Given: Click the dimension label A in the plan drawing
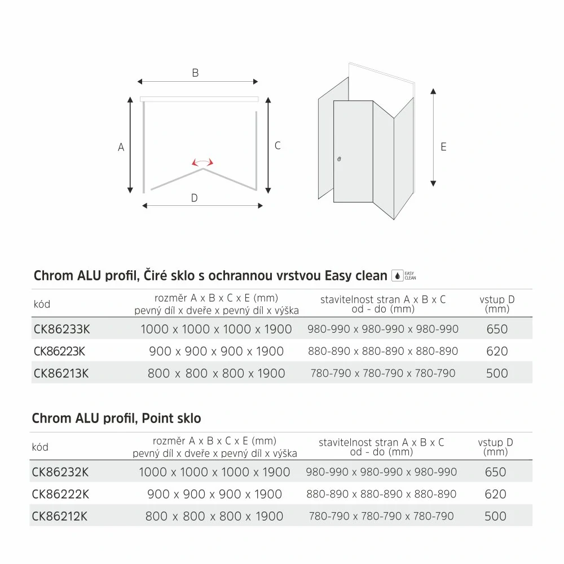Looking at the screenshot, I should (x=121, y=147).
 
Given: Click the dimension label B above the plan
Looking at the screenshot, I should (x=195, y=73).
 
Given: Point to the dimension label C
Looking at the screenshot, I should (x=277, y=146).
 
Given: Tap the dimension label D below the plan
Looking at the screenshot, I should (x=194, y=198).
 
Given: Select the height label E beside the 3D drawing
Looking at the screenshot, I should (x=443, y=147).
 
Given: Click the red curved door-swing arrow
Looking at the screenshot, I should (x=202, y=162).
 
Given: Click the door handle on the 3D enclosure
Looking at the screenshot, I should (x=338, y=160).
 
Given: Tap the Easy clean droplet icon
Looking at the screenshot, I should (x=397, y=276).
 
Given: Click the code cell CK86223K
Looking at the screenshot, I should (x=59, y=351).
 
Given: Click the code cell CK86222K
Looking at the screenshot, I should (x=59, y=494).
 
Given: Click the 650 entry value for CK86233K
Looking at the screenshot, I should (x=496, y=329).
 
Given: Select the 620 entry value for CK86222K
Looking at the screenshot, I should (x=495, y=494).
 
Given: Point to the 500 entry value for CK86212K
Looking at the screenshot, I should (x=495, y=516).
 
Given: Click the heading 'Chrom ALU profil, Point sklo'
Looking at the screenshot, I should (x=117, y=418).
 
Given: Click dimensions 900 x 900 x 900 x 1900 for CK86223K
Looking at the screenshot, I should (x=216, y=351).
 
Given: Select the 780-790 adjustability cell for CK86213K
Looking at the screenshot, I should (x=383, y=373).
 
